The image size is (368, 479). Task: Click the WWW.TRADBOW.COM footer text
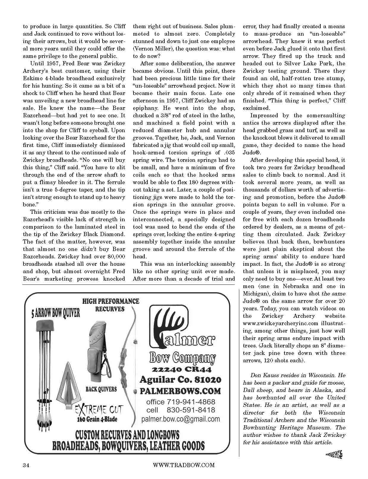(x=183, y=465)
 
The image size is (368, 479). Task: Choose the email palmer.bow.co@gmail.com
(x=181, y=419)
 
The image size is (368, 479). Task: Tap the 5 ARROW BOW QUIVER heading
(x=56, y=313)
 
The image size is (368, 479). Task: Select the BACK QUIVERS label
(x=101, y=389)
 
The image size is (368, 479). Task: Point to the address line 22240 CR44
(x=182, y=369)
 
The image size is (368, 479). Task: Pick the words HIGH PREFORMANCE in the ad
(x=111, y=301)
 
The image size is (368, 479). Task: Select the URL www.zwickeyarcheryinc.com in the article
(x=281, y=323)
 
